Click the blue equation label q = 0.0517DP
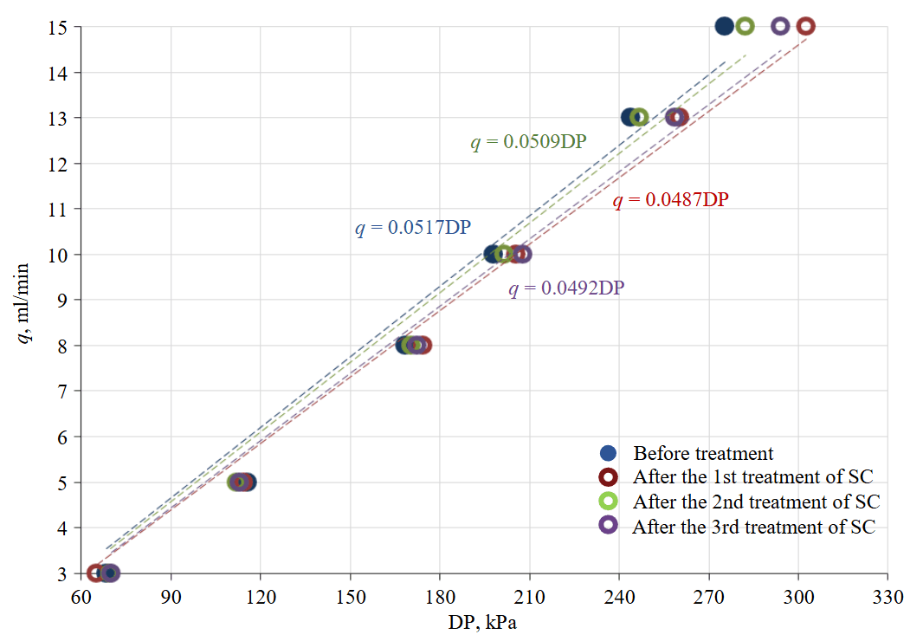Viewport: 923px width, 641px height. (412, 229)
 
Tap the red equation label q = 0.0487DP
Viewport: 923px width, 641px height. (670, 200)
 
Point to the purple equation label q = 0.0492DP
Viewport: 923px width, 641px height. (566, 288)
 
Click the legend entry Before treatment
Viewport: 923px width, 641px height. (703, 453)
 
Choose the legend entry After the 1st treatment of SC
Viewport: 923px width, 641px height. (752, 476)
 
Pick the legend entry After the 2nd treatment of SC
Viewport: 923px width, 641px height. (756, 502)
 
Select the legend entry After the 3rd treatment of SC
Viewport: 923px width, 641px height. (754, 526)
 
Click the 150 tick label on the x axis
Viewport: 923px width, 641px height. (350, 598)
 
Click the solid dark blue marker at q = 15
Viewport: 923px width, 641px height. (725, 26)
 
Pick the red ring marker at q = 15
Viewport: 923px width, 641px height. (805, 26)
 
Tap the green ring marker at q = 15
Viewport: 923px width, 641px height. (745, 26)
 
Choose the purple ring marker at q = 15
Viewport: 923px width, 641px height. (780, 26)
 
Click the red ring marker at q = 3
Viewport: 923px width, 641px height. (95, 573)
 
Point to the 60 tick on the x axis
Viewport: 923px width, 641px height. (81, 598)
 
